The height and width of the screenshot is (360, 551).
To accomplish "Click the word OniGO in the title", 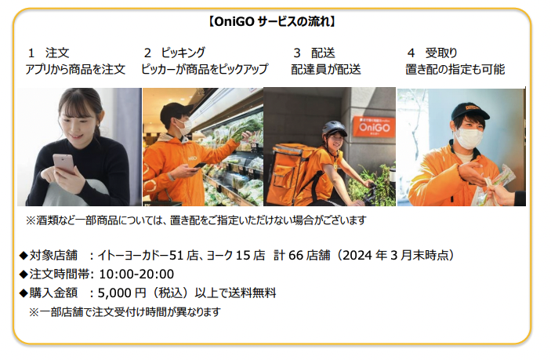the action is pyautogui.click(x=234, y=22).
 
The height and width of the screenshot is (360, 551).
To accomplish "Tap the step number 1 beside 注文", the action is pyautogui.click(x=31, y=53).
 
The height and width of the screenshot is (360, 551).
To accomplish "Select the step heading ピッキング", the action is pyautogui.click(x=183, y=53).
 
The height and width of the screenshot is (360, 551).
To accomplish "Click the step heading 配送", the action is pyautogui.click(x=323, y=53).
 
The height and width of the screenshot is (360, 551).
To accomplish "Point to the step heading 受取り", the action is pyautogui.click(x=441, y=53).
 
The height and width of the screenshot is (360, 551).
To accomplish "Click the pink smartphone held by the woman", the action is pyautogui.click(x=63, y=164).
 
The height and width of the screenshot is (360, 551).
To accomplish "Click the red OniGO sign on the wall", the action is pyautogui.click(x=374, y=126).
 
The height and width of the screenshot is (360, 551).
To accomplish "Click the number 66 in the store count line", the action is pyautogui.click(x=295, y=255).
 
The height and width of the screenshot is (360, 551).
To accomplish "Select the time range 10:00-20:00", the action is pyautogui.click(x=136, y=275).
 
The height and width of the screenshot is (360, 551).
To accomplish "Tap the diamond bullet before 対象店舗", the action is pyautogui.click(x=24, y=256).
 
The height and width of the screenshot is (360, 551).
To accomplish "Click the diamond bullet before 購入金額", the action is pyautogui.click(x=24, y=293).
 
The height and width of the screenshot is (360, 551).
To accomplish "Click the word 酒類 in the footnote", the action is pyautogui.click(x=48, y=220).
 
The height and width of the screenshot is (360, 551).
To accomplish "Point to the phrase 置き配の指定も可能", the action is pyautogui.click(x=455, y=69).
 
